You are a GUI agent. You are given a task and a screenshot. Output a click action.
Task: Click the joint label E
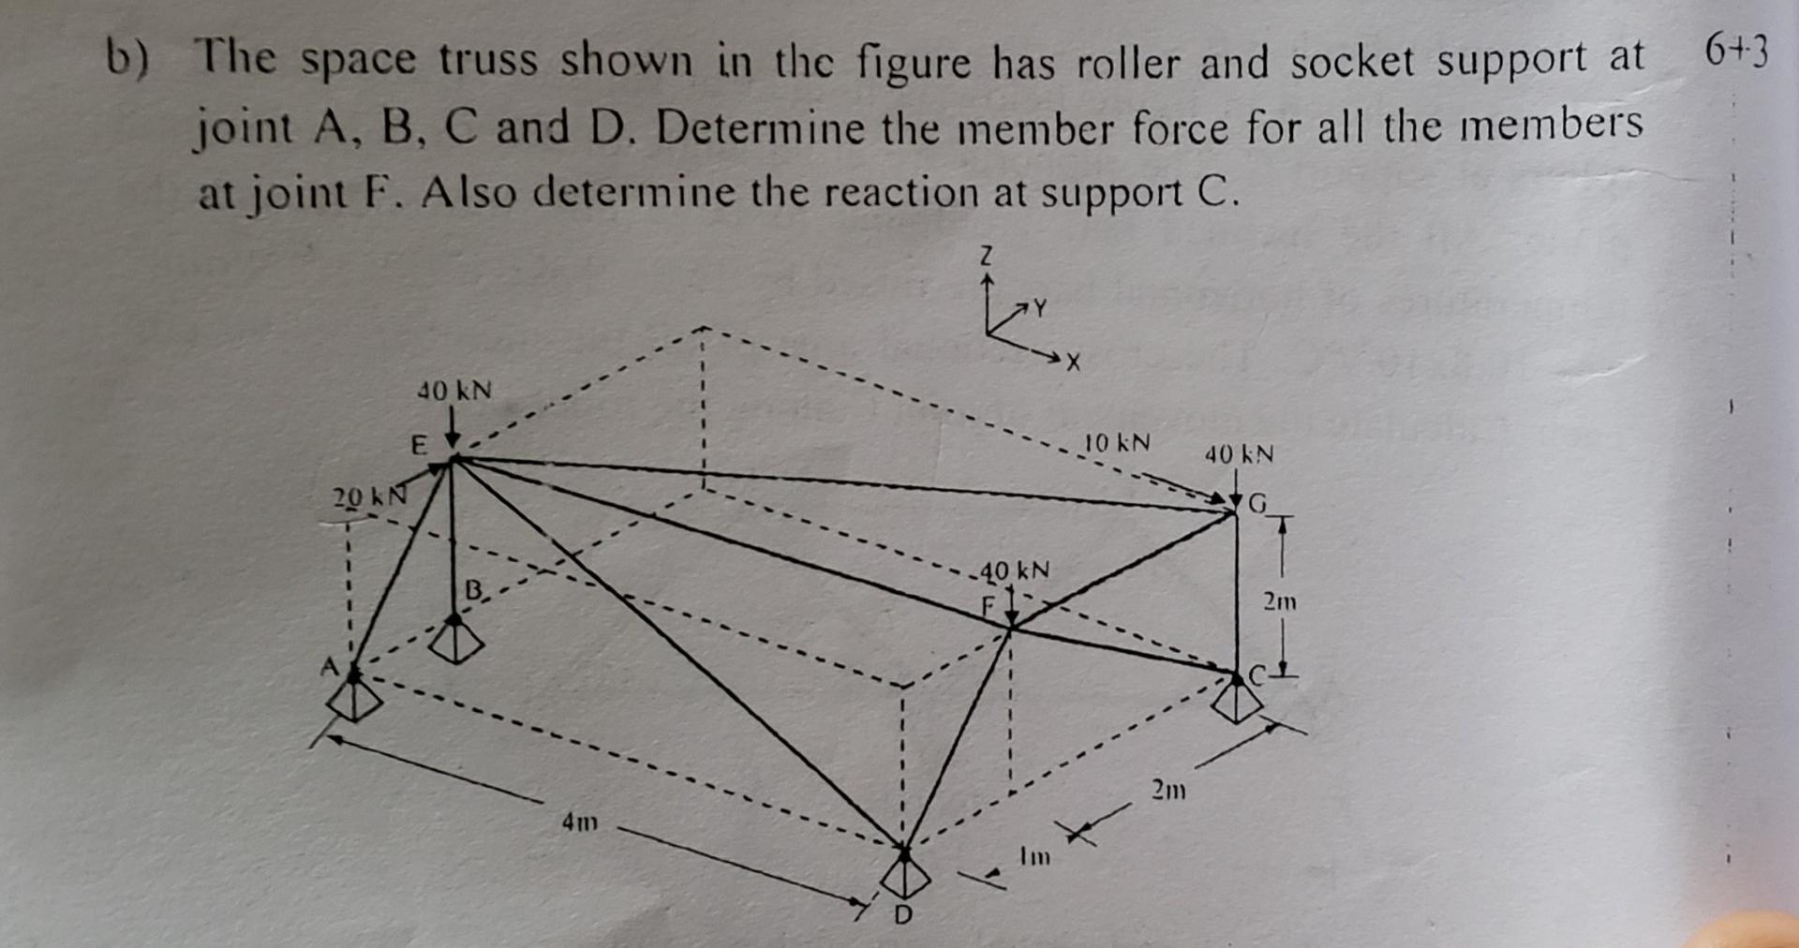click(419, 444)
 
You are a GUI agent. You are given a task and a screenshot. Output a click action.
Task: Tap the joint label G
click(1257, 504)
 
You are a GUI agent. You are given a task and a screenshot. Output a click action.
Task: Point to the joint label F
click(987, 605)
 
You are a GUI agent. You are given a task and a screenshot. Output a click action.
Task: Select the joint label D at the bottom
click(902, 915)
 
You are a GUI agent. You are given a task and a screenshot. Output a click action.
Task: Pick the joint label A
click(329, 667)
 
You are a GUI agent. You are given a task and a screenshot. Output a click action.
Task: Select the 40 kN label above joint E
click(453, 390)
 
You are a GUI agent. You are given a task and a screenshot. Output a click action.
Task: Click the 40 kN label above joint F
click(1015, 570)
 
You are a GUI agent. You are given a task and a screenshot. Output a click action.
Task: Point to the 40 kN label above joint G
click(1239, 454)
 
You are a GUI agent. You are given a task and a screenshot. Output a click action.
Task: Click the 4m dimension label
click(579, 823)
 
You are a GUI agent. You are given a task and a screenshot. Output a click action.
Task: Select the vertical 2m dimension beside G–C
click(1279, 601)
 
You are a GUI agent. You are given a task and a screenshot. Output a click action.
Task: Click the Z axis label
click(985, 255)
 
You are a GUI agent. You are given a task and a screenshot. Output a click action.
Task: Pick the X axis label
click(1074, 363)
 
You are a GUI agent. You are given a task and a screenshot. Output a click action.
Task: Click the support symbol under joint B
click(455, 642)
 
